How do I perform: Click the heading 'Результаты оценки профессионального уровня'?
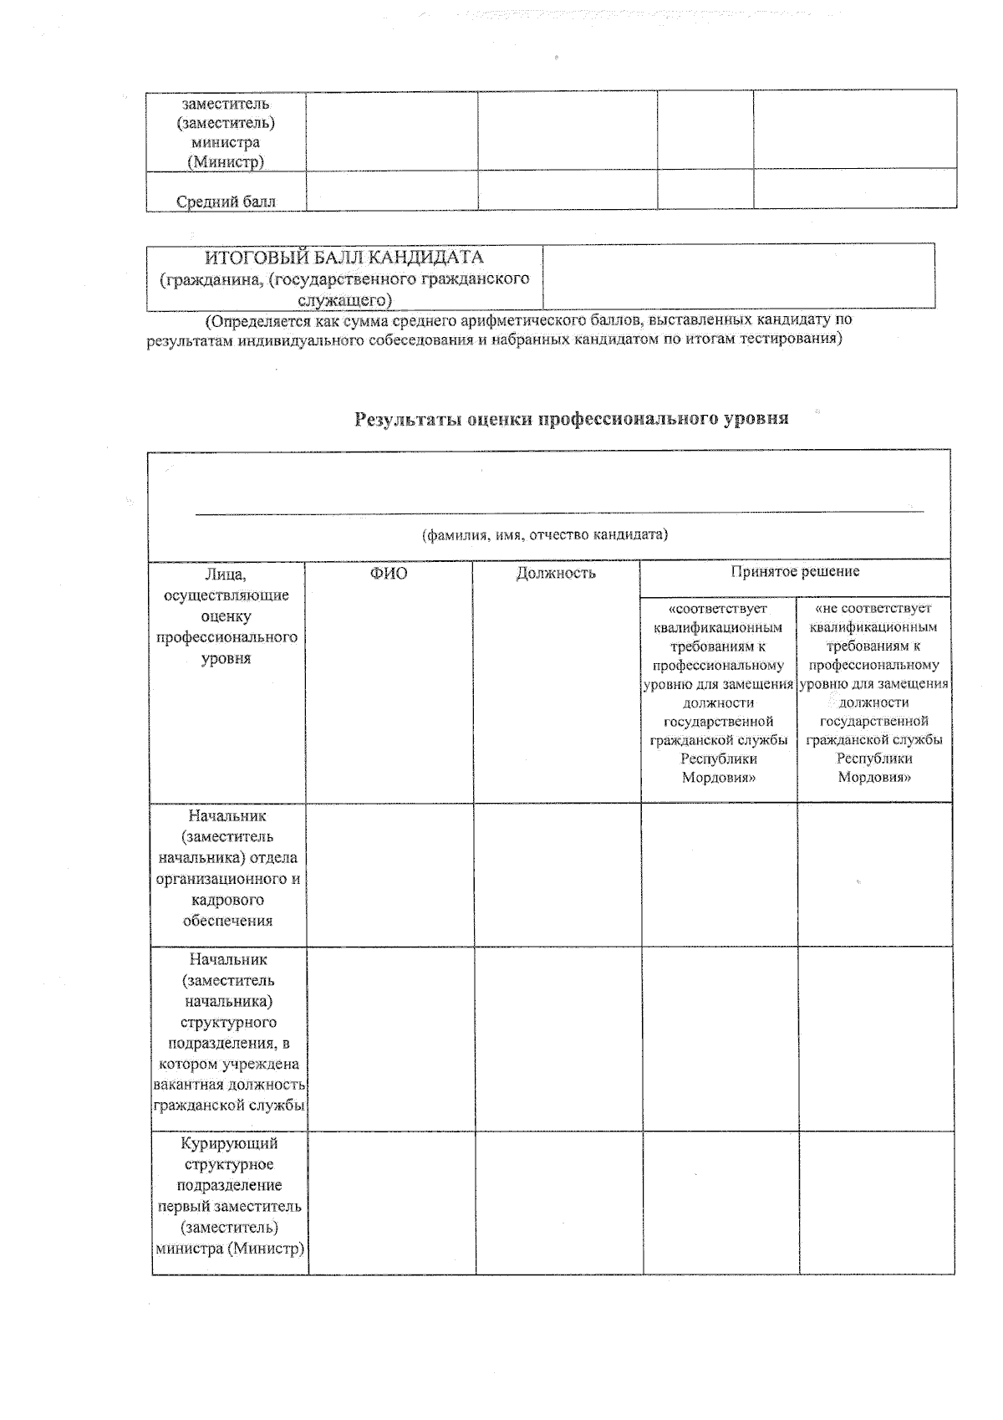(x=572, y=419)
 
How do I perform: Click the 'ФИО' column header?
(x=389, y=573)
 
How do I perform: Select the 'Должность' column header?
(x=556, y=573)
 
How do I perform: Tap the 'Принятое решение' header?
(x=795, y=571)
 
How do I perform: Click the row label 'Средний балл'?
(x=226, y=201)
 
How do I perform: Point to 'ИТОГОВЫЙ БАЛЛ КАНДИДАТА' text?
(x=344, y=258)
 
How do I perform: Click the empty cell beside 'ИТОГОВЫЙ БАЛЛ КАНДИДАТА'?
(x=738, y=277)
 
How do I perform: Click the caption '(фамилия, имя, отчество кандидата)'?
(x=545, y=534)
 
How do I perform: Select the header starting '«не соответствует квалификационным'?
(x=873, y=692)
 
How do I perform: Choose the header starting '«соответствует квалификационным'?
(x=718, y=692)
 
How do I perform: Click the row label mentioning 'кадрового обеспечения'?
(x=227, y=868)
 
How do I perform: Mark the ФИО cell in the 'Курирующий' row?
(x=391, y=1203)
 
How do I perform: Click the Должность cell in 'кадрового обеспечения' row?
(x=558, y=875)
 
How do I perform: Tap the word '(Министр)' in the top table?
(x=226, y=162)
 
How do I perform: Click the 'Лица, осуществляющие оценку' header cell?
(x=227, y=616)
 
